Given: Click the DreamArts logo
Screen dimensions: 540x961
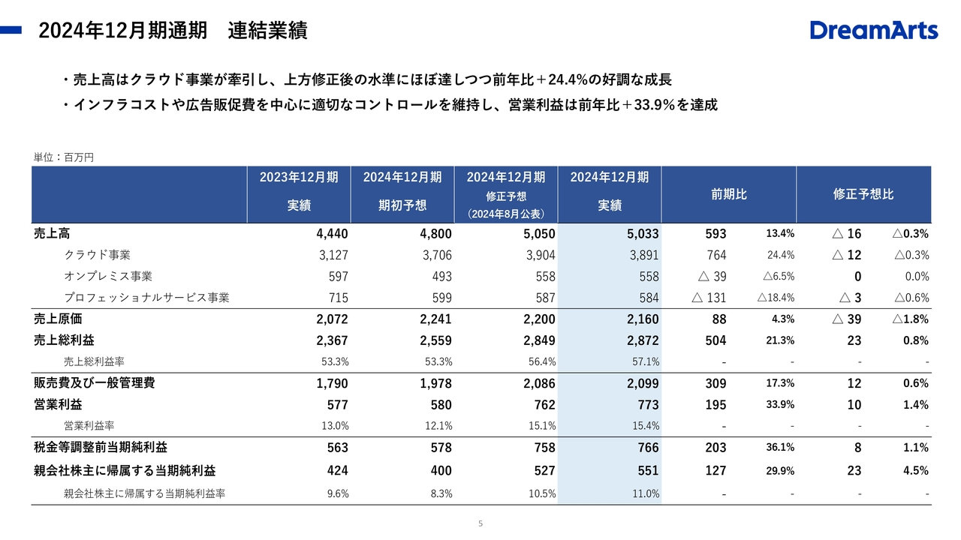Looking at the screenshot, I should [x=874, y=31].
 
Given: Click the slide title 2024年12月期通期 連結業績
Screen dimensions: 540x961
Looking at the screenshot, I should [x=173, y=31].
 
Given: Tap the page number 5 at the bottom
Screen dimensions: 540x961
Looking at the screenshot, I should [x=480, y=523].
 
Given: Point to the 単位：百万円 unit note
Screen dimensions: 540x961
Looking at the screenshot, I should [x=64, y=157].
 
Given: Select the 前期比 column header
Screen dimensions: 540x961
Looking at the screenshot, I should [x=728, y=194].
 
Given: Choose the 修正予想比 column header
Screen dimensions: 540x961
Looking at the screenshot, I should [x=863, y=194].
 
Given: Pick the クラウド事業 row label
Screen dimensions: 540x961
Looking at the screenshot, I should [x=98, y=255].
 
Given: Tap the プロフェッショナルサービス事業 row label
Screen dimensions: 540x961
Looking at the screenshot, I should [x=146, y=298].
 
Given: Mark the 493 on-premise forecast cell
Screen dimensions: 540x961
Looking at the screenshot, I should [x=441, y=277].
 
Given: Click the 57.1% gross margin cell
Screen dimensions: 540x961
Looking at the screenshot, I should [x=646, y=361].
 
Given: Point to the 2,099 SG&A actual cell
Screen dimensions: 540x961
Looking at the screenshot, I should [x=642, y=383].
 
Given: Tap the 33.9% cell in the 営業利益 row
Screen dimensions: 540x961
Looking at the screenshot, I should [x=780, y=405].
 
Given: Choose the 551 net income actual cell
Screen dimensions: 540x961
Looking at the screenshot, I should [x=648, y=471].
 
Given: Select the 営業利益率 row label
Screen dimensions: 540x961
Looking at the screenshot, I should [x=89, y=426].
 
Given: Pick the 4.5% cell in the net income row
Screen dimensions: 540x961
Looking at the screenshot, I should [x=917, y=471].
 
